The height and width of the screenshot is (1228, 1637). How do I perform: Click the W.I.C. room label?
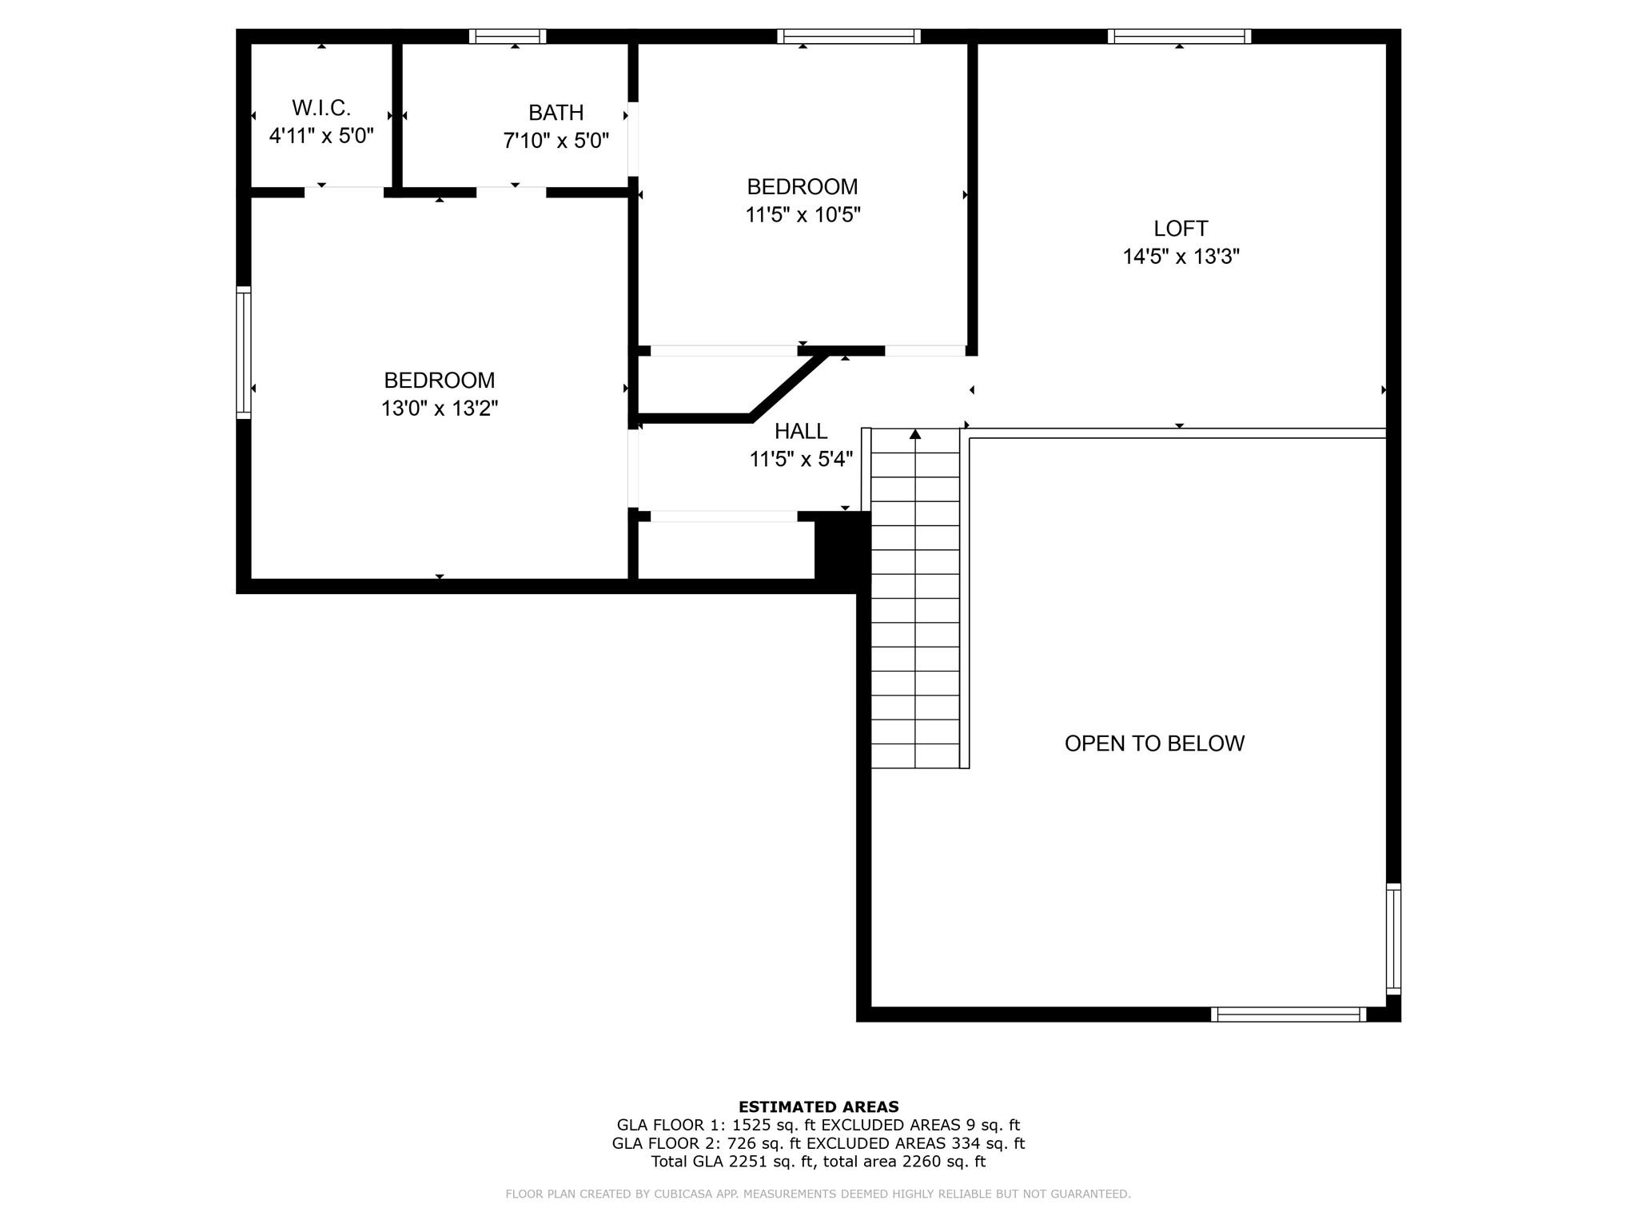(321, 107)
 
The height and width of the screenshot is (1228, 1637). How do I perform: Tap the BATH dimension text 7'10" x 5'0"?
(556, 141)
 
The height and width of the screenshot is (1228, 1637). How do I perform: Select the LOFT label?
(1180, 229)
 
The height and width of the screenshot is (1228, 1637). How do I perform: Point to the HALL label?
(800, 432)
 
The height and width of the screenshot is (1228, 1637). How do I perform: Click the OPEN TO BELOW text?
(1153, 744)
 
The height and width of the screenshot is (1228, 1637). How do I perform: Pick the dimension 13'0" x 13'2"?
(439, 409)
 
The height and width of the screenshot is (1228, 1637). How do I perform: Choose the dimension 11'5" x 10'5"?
(803, 215)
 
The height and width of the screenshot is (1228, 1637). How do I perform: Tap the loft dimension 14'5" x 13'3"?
(1180, 257)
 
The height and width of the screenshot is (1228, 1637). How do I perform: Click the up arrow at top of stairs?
(915, 434)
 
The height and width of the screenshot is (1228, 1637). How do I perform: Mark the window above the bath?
(508, 36)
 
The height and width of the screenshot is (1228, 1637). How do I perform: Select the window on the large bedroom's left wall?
(244, 352)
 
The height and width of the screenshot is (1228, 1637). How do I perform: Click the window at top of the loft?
(1179, 36)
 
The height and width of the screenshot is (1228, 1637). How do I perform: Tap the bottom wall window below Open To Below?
(1288, 1015)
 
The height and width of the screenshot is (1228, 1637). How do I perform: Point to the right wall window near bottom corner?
(1392, 939)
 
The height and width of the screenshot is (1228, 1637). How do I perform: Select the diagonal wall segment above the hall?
(788, 386)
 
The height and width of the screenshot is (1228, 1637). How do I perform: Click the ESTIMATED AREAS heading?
(818, 1107)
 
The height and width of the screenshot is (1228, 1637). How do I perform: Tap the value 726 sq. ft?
(756, 1144)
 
